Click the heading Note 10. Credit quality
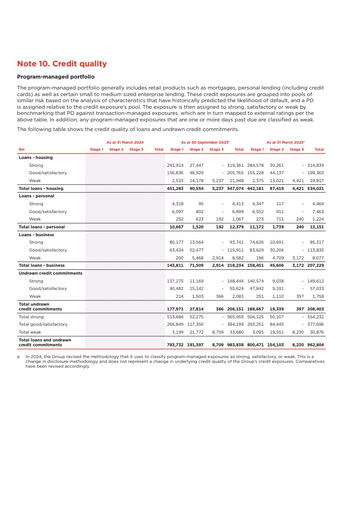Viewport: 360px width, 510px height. pos(62,64)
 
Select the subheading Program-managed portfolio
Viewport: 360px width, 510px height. pos(55,77)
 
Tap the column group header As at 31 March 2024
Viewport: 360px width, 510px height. pos(125,142)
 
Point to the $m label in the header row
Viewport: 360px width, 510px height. pos(21,149)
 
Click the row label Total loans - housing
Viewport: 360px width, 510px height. pos(41,188)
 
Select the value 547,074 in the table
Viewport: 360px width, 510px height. pos(236,188)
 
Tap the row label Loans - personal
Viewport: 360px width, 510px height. pos(36,196)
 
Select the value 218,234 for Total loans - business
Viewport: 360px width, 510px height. pos(236,265)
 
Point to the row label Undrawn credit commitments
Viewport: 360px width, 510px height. pos(50,273)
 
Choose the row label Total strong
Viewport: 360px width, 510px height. pos(31,317)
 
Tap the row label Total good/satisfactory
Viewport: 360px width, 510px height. pos(43,324)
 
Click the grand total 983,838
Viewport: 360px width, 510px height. pos(236,345)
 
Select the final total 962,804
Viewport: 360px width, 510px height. pos(315,345)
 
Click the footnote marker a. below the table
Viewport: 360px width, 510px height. pos(20,356)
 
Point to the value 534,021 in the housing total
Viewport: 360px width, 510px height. pos(315,188)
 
